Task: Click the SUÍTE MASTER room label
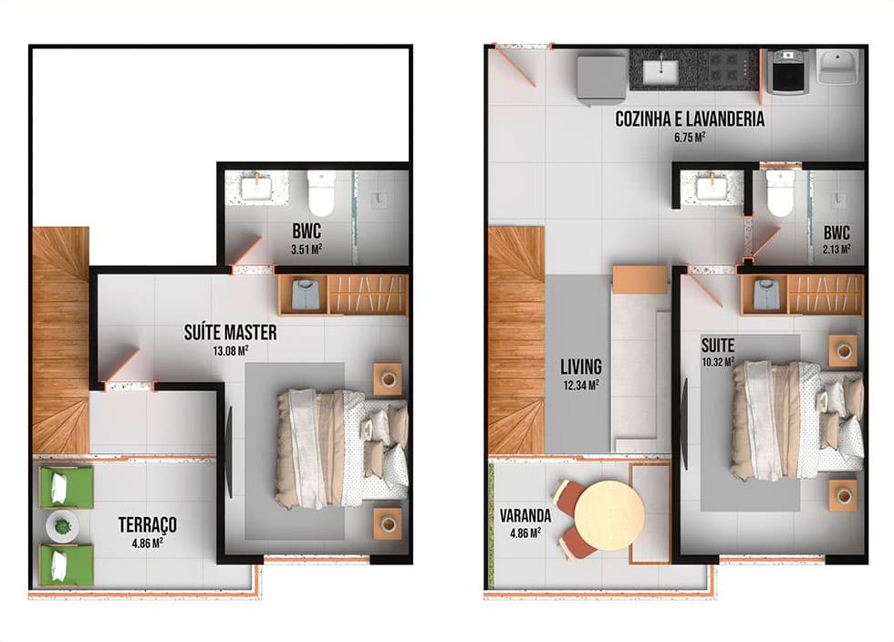pos(230,333)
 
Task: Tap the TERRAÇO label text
pos(147,524)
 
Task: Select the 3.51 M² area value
pos(307,249)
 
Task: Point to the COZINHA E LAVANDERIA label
pos(690,119)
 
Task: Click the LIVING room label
pos(581,366)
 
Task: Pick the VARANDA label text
pos(525,516)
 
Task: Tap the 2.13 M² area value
pos(837,249)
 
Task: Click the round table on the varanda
pos(609,515)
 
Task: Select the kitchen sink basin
pos(660,71)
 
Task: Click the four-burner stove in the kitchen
pos(732,67)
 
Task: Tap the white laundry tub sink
pos(837,67)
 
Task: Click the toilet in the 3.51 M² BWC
pos(321,191)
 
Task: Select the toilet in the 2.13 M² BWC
pos(779,192)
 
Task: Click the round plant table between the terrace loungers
pos(63,526)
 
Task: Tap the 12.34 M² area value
pos(581,386)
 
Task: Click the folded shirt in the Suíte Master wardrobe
pos(303,294)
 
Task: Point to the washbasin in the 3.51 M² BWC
pos(256,188)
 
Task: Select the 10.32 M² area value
pos(718,361)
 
